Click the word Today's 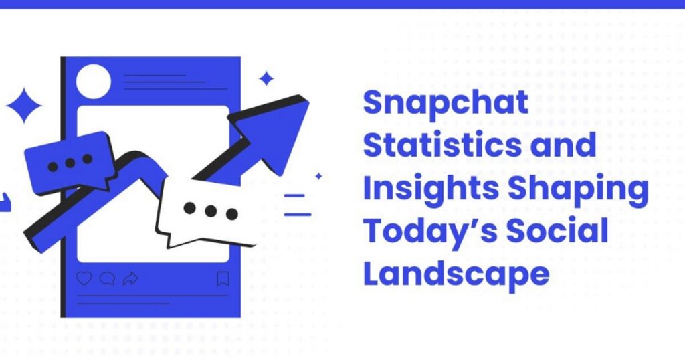click(427, 232)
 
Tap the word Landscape click(456, 274)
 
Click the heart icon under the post click(84, 278)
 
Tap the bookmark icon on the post click(223, 278)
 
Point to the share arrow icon click(130, 278)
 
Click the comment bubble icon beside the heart click(107, 278)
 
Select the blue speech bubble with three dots click(69, 163)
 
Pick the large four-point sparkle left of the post click(24, 106)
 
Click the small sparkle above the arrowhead click(266, 79)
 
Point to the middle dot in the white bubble click(211, 211)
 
